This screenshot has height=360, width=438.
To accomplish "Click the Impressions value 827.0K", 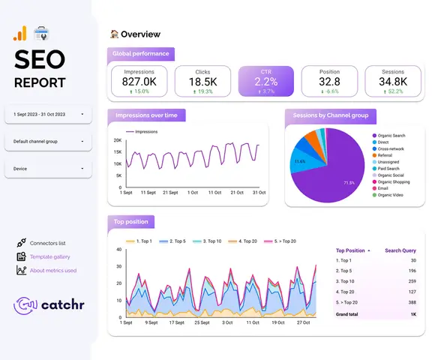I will point(139,81).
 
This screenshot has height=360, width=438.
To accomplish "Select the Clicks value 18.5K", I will point(202,81).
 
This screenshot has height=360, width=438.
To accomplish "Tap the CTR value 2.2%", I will point(266,81).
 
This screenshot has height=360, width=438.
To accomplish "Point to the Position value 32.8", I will point(328,81).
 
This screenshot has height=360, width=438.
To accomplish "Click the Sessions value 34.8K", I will point(392,81).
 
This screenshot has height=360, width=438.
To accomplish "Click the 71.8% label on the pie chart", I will point(348,182).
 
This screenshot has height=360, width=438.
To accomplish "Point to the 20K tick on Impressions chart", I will point(118,140).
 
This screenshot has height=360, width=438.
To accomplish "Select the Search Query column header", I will point(400,250).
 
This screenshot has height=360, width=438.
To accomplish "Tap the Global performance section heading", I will point(141,54).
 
